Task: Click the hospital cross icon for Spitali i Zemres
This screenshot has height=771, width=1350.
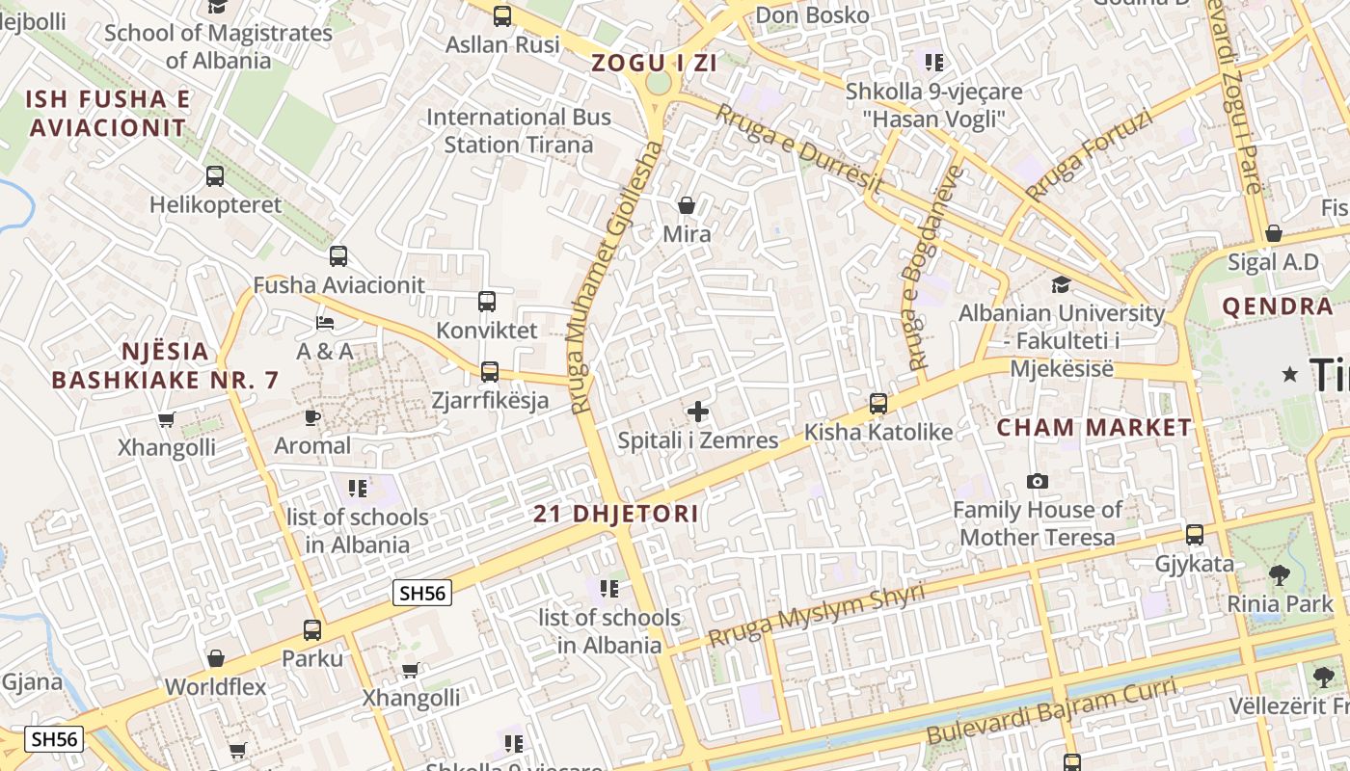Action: click(x=698, y=412)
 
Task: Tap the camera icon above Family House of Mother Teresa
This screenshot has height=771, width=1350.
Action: click(x=1038, y=481)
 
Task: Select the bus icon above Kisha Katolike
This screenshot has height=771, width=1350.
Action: click(x=878, y=404)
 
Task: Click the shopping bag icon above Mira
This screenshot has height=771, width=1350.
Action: click(x=687, y=205)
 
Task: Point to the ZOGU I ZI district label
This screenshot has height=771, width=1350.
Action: click(x=655, y=64)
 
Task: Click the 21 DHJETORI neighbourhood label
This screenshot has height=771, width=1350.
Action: click(x=616, y=514)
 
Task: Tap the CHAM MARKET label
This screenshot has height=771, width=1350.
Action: click(x=1094, y=428)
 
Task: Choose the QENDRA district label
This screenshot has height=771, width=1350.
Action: click(x=1278, y=307)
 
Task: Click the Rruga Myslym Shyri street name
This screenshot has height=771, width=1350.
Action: click(x=816, y=616)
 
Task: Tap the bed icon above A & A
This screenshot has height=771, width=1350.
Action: click(x=325, y=322)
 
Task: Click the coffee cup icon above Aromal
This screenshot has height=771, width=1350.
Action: click(x=312, y=417)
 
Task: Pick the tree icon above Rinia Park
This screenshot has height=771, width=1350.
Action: click(x=1280, y=575)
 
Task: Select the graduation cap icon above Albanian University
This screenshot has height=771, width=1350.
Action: click(x=1061, y=284)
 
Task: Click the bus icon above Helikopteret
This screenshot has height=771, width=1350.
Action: click(x=215, y=176)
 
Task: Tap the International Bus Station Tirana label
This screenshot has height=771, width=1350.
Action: click(x=519, y=131)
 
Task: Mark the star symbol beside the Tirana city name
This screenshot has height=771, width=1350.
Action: click(x=1290, y=374)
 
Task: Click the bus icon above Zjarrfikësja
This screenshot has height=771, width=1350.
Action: click(x=490, y=372)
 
